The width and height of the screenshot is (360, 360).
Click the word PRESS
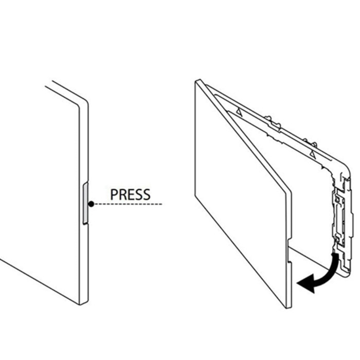(x=130, y=194)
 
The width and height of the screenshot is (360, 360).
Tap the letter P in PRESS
(x=114, y=194)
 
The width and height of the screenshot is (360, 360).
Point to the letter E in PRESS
(x=130, y=194)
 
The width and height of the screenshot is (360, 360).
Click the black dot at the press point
(x=91, y=204)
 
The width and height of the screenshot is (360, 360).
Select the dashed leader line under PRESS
(x=128, y=204)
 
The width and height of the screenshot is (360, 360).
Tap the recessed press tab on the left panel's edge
(x=85, y=203)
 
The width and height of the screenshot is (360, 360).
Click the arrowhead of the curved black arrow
(x=305, y=283)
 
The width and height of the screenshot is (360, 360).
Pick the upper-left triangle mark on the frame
(x=239, y=112)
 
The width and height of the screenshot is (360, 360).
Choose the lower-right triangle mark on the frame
(x=313, y=153)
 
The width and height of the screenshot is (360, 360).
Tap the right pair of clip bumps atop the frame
(x=310, y=142)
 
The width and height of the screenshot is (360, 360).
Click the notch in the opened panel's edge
(x=289, y=251)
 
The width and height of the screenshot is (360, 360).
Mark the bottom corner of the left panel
(x=80, y=304)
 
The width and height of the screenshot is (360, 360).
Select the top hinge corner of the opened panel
(x=198, y=81)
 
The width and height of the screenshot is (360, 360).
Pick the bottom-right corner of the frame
(x=347, y=275)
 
